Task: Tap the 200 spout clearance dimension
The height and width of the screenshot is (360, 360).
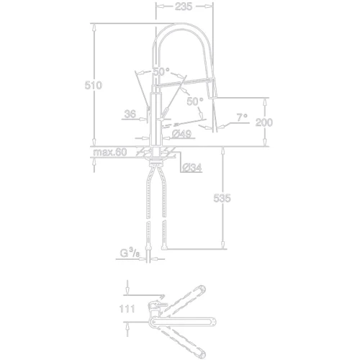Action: point(265,122)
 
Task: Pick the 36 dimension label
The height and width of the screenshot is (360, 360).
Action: point(129,113)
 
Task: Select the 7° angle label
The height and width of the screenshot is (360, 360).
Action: point(240,116)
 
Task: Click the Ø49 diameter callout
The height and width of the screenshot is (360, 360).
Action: point(181,134)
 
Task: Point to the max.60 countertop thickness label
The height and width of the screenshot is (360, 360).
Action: point(109,152)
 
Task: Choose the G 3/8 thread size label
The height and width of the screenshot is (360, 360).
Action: point(130,253)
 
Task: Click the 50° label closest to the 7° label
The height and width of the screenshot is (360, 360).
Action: point(195,102)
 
